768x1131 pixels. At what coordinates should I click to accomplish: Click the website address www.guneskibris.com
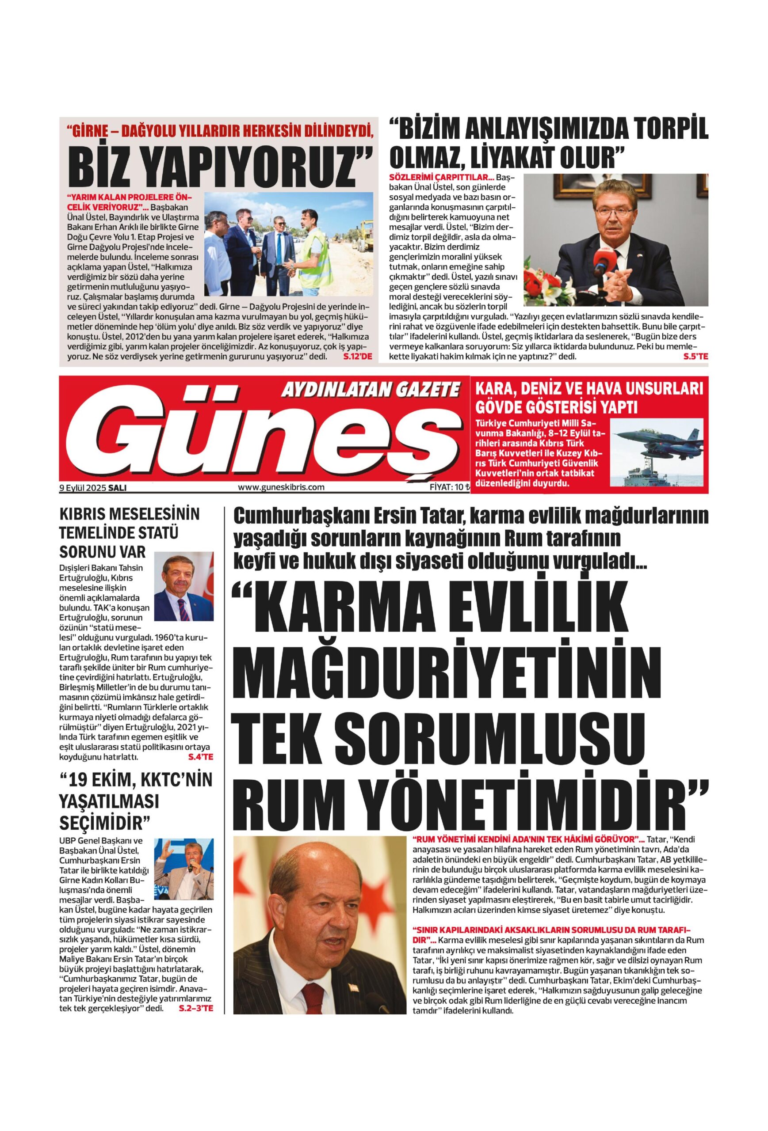pyautogui.click(x=281, y=487)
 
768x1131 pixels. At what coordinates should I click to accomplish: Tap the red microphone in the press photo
pyautogui.click(x=600, y=266)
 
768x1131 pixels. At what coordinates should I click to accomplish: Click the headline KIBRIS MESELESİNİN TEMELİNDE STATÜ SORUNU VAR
pyautogui.click(x=130, y=532)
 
